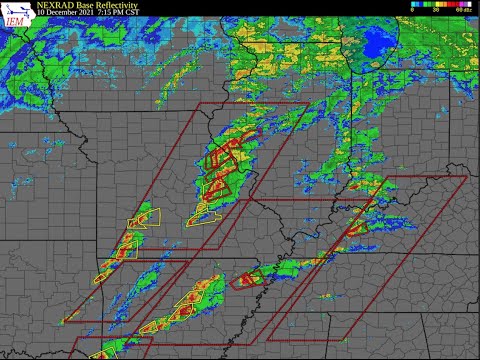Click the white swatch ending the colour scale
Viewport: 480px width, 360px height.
pos(473,5)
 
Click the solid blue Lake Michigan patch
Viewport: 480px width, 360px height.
pos(380,42)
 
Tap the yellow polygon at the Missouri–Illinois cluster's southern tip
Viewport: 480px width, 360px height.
pos(207,213)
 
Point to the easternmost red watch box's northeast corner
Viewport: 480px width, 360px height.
pos(467,177)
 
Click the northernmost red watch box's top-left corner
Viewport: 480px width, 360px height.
pos(201,103)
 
